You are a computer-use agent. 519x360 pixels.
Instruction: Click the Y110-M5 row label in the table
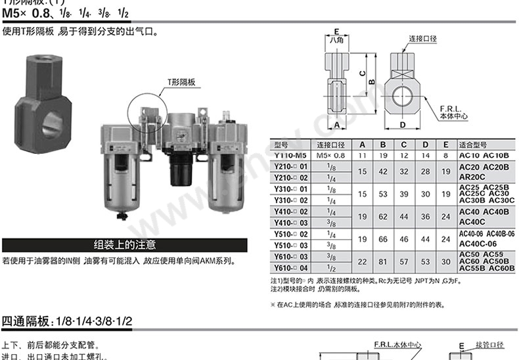click(290, 155)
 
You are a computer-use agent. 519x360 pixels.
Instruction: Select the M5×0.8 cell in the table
click(330, 155)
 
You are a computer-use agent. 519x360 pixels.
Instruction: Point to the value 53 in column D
click(426, 262)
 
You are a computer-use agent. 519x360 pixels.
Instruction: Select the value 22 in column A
click(362, 262)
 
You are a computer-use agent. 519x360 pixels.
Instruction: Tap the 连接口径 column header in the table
click(330, 145)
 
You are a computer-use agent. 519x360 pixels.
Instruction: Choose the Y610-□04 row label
click(290, 268)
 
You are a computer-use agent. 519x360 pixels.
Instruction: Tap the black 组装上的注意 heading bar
click(124, 245)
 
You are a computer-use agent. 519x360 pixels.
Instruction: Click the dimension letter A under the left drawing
click(336, 124)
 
